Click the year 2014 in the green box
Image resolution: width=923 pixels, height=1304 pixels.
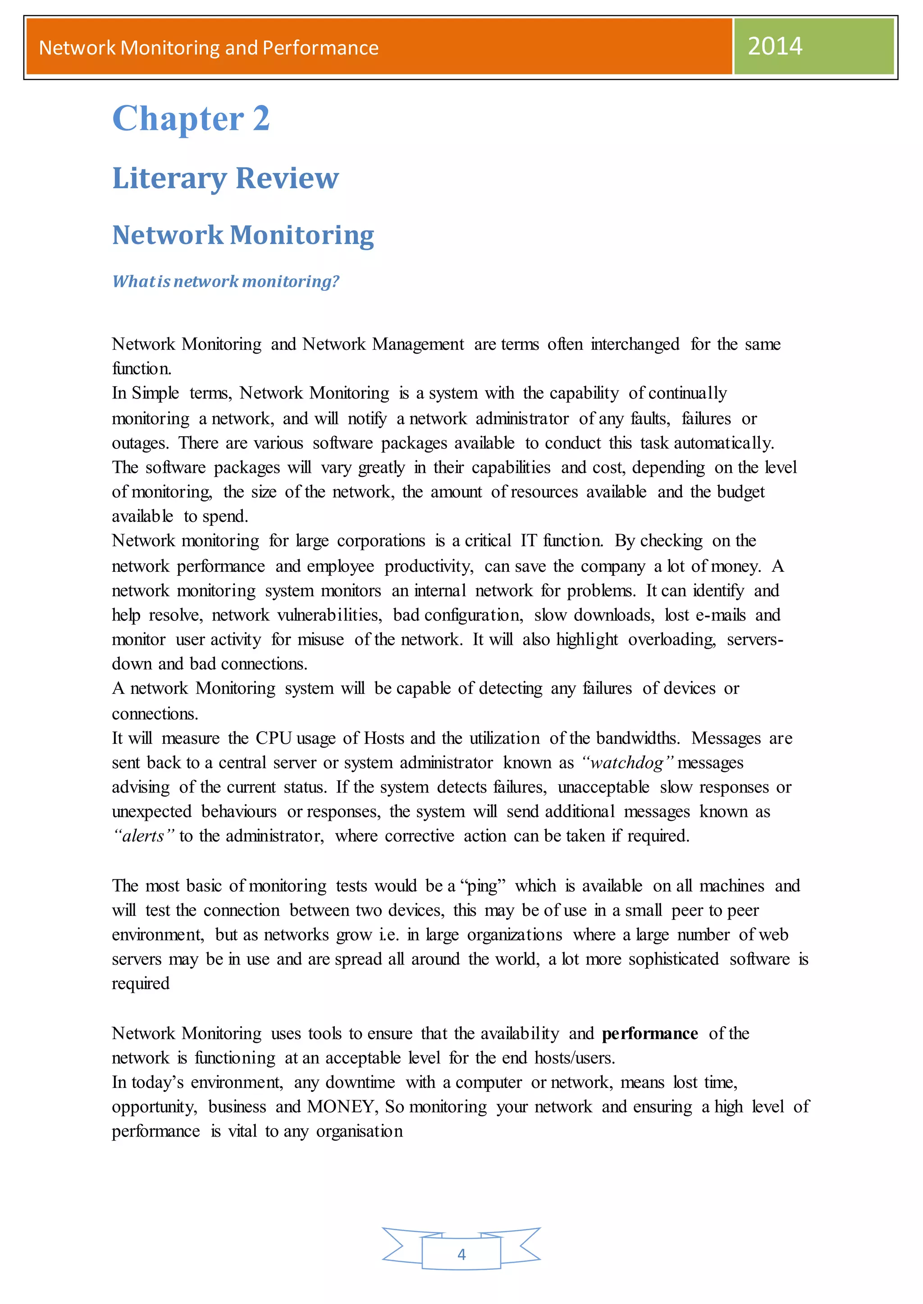774,46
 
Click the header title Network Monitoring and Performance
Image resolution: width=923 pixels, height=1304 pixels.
209,48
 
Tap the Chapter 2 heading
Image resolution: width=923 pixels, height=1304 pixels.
191,119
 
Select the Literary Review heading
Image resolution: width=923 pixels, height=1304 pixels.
226,178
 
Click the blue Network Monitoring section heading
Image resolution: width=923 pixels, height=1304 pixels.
242,235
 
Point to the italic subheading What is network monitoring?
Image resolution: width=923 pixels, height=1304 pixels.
226,281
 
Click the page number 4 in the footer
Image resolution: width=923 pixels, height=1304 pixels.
461,1254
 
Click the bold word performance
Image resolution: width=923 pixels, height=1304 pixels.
649,1033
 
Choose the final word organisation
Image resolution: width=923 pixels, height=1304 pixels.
359,1131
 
